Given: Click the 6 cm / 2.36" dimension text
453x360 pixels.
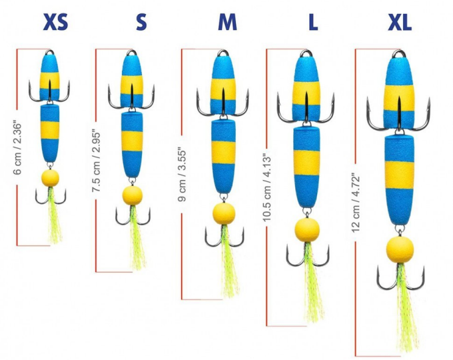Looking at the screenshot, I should pyautogui.click(x=18, y=148).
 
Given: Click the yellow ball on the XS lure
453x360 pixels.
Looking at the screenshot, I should pyautogui.click(x=49, y=178).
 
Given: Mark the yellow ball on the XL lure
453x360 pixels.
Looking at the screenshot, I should pyautogui.click(x=400, y=249).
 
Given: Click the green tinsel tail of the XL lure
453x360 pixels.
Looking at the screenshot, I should pyautogui.click(x=404, y=313).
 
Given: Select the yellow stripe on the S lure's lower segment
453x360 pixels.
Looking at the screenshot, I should pyautogui.click(x=132, y=139).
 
